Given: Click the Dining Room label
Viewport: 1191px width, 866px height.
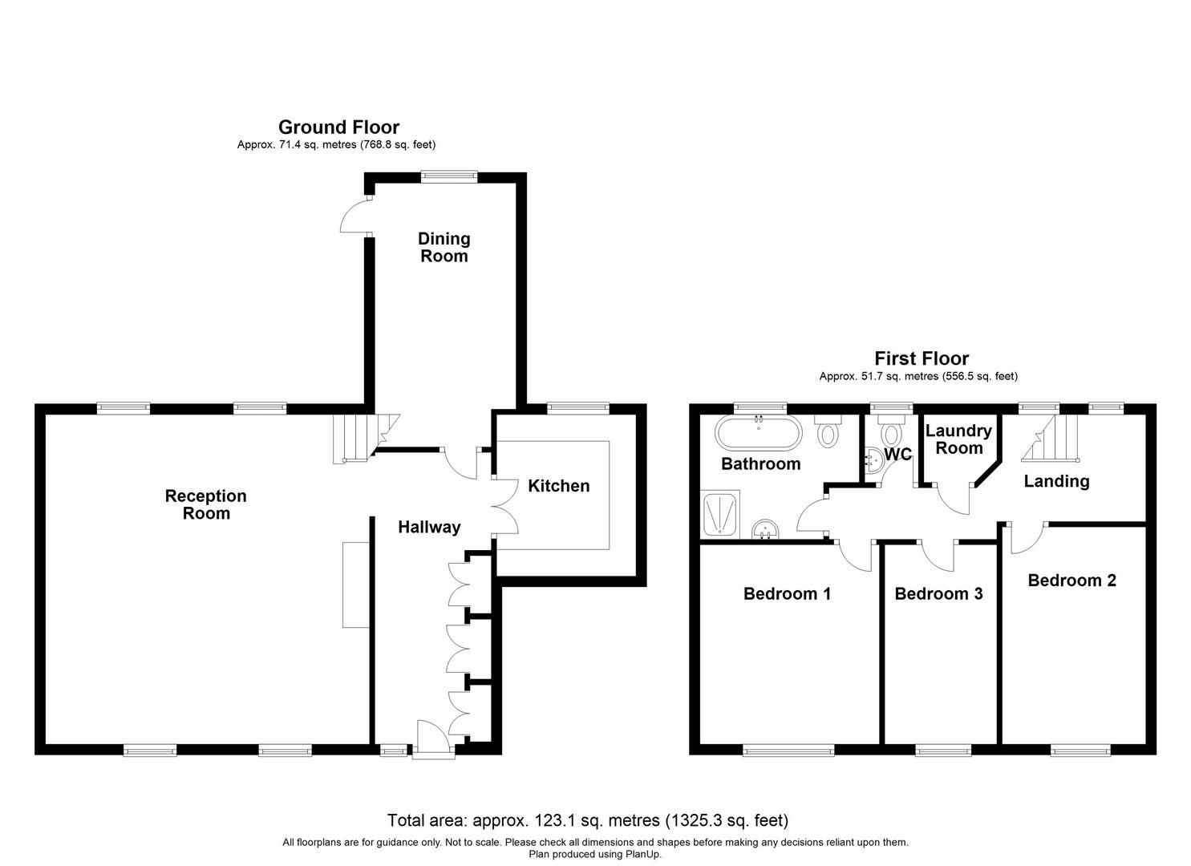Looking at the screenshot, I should [x=444, y=247].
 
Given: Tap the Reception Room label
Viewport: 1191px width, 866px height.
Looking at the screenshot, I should [x=206, y=504].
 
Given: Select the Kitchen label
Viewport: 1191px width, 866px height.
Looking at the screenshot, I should [x=558, y=486].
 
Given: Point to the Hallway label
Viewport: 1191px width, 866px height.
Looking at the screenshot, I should [x=430, y=527].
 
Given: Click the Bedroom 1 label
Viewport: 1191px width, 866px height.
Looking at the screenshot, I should [x=787, y=593].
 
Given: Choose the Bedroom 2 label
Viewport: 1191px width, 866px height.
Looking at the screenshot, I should [x=1071, y=580].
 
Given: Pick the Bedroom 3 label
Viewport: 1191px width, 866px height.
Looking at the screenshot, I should [x=938, y=593].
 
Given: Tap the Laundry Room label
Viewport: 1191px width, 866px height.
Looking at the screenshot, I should [x=958, y=439].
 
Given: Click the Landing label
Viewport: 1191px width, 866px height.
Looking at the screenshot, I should [x=1056, y=481].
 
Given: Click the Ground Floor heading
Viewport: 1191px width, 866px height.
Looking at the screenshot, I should [x=338, y=127].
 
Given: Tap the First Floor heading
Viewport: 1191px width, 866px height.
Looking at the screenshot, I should [x=922, y=358].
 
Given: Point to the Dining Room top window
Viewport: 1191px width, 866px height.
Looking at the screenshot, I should [x=450, y=177].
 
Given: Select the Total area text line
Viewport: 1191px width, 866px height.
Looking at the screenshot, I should [x=588, y=820].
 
